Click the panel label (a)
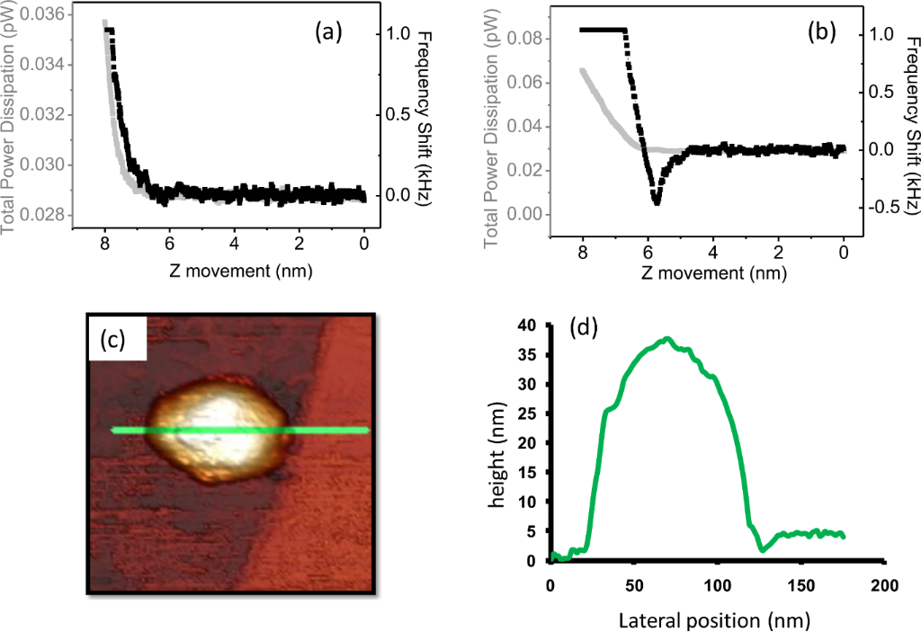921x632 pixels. [x=327, y=32]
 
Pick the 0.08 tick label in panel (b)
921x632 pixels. [x=534, y=38]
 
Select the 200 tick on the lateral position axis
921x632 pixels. [x=884, y=586]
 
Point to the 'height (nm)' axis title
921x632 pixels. [x=497, y=443]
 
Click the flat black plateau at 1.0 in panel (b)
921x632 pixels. [x=603, y=29]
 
